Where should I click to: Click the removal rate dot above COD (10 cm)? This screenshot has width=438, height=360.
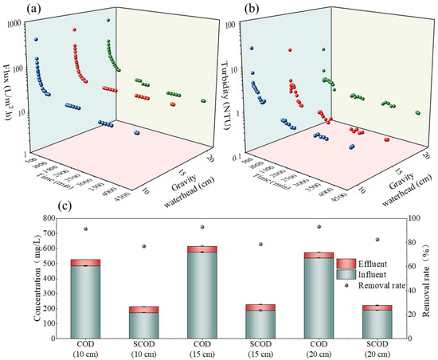85,229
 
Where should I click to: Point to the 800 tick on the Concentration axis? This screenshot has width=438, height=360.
56,218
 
